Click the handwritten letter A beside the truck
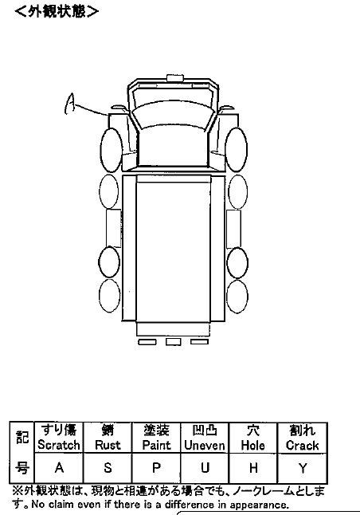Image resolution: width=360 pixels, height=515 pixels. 69,104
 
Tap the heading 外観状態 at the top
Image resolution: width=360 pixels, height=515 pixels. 57,11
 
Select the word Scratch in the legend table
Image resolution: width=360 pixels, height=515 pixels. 59,445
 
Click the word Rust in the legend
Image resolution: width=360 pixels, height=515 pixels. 108,445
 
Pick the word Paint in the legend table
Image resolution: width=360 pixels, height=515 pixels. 156,445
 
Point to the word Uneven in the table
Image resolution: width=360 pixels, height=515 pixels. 205,445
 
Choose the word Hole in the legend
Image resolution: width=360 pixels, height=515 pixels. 252,445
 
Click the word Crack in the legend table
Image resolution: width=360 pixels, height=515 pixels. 302,445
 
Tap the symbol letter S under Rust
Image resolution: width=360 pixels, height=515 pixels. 108,468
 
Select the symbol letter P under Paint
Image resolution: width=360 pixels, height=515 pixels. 157,468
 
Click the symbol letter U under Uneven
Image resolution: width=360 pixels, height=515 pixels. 205,468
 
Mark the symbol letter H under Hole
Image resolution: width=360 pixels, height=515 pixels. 253,468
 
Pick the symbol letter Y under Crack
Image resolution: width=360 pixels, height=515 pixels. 302,468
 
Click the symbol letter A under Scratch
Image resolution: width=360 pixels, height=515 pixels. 59,468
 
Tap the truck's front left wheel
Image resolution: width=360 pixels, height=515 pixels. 112,150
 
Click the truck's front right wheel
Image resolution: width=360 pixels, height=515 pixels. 237,149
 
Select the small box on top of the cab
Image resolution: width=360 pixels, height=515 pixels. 175,78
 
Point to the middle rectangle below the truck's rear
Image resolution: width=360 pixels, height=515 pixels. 174,342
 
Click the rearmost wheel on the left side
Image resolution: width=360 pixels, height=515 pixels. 110,296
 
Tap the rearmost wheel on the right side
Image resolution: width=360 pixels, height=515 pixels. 237,297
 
